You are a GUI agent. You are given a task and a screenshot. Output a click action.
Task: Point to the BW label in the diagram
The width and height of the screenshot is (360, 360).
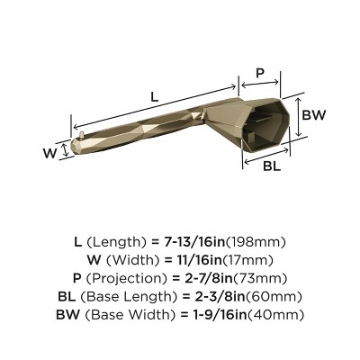point(313,115)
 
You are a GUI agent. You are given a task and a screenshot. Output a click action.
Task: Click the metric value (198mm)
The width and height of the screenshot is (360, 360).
point(258,242)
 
